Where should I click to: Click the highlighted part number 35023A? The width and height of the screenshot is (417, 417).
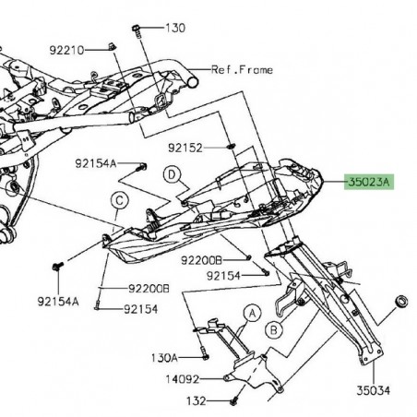click(369, 183)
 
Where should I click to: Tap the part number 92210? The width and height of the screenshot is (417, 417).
click(66, 49)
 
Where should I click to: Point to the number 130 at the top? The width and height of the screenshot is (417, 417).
click(174, 29)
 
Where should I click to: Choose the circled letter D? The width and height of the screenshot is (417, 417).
click(171, 173)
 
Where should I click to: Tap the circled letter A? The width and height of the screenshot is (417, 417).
click(247, 314)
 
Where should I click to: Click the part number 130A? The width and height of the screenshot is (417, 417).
click(164, 356)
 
